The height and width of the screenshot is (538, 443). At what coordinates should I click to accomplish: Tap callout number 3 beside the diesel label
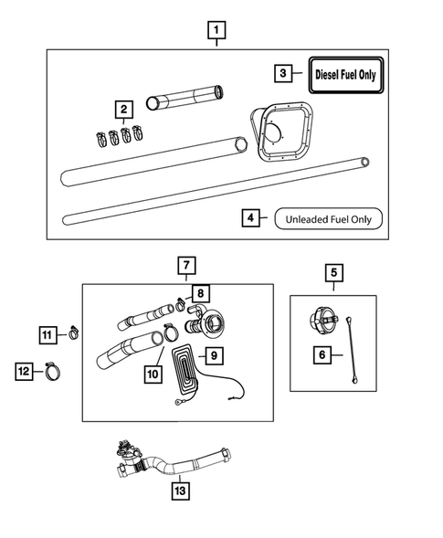pyautogui.click(x=284, y=72)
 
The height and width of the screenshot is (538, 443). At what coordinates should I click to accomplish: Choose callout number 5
pyautogui.click(x=332, y=272)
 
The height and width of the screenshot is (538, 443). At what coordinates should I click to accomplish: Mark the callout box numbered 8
pyautogui.click(x=200, y=294)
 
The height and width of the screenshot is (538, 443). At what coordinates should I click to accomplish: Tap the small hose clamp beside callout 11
pyautogui.click(x=70, y=334)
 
